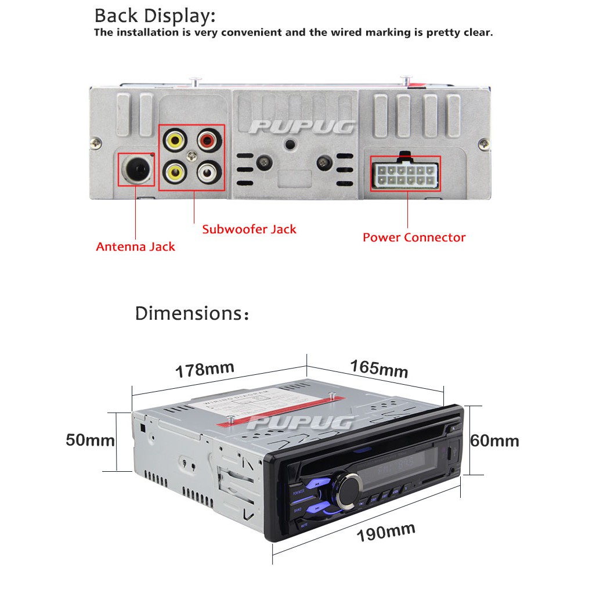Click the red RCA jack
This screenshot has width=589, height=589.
[x=209, y=140]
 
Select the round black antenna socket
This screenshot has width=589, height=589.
[x=136, y=169]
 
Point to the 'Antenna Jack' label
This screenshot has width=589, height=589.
[x=135, y=247]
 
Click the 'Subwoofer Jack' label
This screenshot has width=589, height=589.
[x=249, y=229]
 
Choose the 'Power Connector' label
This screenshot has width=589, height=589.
[x=414, y=237]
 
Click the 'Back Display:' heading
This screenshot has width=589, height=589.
[x=154, y=16]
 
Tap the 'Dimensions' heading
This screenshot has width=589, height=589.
[x=192, y=313]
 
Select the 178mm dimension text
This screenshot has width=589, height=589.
[x=205, y=370]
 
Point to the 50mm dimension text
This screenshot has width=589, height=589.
[x=90, y=440]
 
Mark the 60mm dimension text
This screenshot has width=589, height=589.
[x=494, y=441]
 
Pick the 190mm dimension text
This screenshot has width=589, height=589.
[x=386, y=532]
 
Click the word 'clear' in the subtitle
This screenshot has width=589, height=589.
[x=475, y=32]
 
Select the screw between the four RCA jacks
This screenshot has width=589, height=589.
[x=191, y=155]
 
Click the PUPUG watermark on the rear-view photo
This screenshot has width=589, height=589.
[x=303, y=127]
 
